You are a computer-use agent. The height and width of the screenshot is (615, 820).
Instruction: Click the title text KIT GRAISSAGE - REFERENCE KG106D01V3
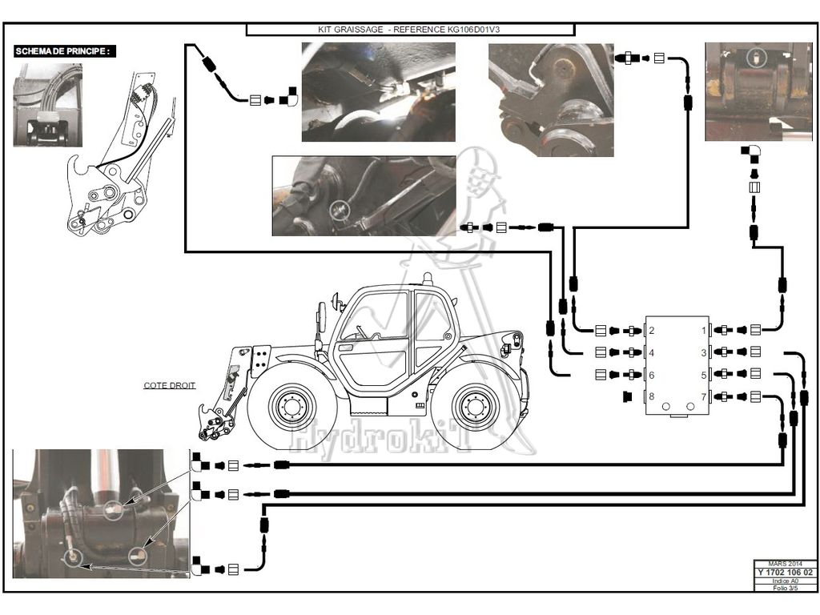(409, 29)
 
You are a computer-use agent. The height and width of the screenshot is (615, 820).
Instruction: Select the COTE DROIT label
(170, 385)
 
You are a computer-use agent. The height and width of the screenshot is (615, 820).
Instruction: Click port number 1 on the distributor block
(704, 330)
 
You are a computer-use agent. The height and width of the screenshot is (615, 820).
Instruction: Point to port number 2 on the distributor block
(652, 330)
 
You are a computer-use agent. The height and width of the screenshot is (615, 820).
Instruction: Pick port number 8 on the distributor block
(652, 396)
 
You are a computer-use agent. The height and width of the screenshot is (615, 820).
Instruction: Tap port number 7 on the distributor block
(704, 396)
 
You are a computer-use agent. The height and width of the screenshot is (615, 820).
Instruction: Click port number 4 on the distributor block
(652, 352)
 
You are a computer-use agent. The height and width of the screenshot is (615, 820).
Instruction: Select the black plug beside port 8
(628, 396)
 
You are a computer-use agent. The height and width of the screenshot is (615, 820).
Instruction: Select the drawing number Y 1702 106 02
(786, 573)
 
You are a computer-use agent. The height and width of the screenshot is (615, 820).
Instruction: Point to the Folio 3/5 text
(786, 588)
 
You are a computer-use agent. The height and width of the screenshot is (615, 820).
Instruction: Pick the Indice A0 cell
(786, 581)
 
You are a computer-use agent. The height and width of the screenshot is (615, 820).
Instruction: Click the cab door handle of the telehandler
(347, 348)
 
